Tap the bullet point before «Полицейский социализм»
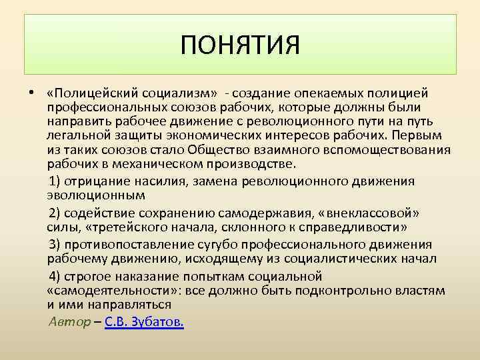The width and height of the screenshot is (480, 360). point(31,93)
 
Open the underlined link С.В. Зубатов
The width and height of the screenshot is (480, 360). point(145,321)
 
